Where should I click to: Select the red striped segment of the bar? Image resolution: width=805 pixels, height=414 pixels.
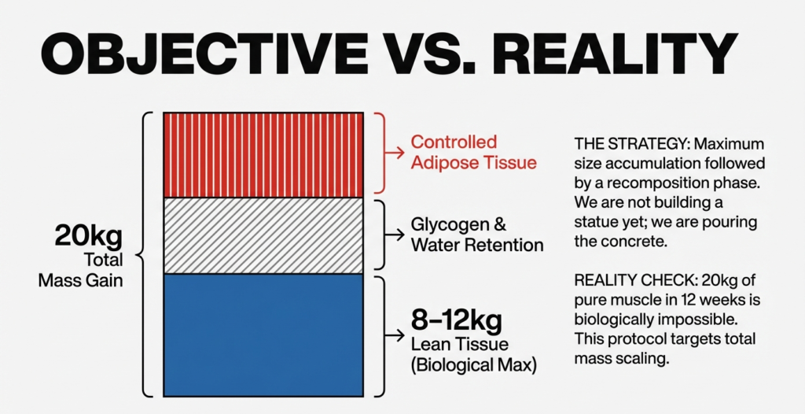[263, 154]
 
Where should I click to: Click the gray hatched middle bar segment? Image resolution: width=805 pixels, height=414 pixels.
[263, 235]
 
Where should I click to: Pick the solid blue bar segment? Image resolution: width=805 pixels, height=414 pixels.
[263, 335]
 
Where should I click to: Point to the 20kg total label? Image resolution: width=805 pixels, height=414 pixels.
[85, 235]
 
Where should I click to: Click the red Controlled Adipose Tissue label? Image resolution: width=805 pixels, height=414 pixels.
[474, 153]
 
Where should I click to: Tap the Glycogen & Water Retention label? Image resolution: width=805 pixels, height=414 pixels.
[477, 234]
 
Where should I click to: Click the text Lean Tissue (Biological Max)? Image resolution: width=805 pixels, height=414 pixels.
[473, 355]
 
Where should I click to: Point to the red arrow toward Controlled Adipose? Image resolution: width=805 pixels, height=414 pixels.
[396, 153]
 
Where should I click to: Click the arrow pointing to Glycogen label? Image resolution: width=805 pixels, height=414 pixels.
[396, 234]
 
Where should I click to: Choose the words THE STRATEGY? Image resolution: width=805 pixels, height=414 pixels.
[619, 144]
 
